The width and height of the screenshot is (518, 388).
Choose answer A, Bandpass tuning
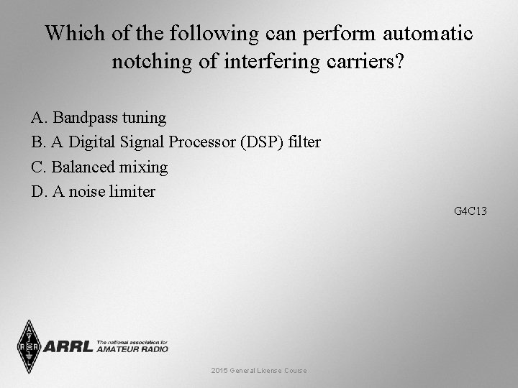click(x=99, y=117)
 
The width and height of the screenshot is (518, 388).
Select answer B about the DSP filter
click(x=176, y=142)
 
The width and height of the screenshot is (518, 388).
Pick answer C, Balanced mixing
click(x=99, y=167)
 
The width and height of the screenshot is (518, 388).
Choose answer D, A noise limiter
click(x=93, y=192)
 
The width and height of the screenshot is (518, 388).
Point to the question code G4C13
click(x=471, y=211)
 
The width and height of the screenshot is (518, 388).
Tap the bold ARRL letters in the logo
click(x=68, y=347)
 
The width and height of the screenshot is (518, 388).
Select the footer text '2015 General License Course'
click(x=259, y=371)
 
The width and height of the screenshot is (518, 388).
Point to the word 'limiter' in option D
click(x=133, y=192)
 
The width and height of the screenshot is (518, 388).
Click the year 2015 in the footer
click(x=219, y=371)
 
